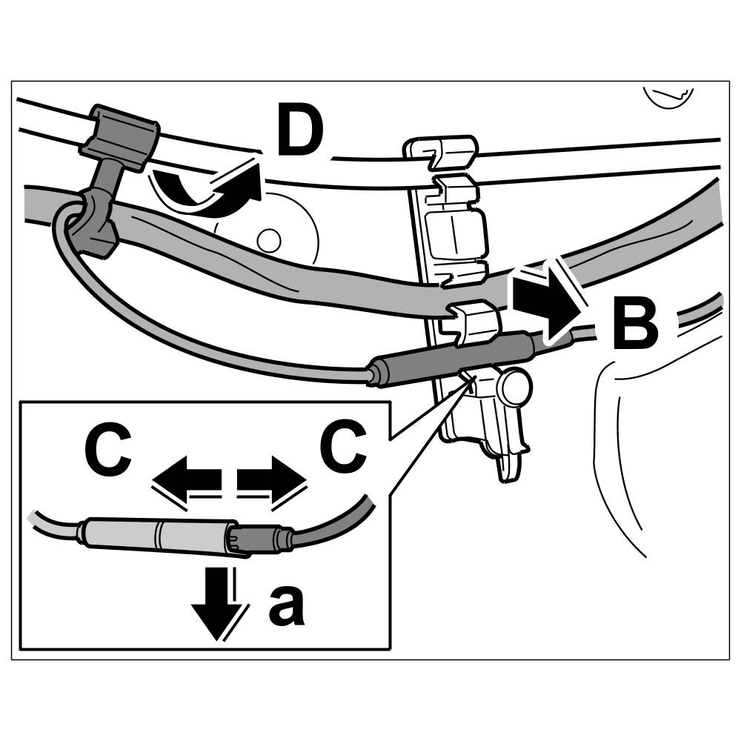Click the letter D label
tap(300, 132)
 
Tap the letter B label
tap(635, 324)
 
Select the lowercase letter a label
tap(286, 606)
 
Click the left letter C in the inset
tap(109, 449)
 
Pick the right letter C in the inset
tap(342, 449)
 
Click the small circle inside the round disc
tap(268, 239)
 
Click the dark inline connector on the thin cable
tap(452, 359)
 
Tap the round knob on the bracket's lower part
tap(515, 385)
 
